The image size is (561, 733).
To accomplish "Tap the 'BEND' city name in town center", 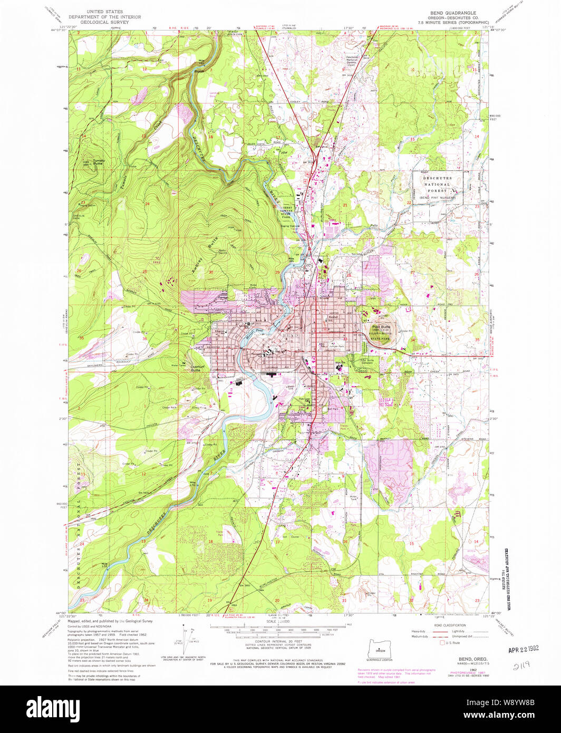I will pos(291,335).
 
